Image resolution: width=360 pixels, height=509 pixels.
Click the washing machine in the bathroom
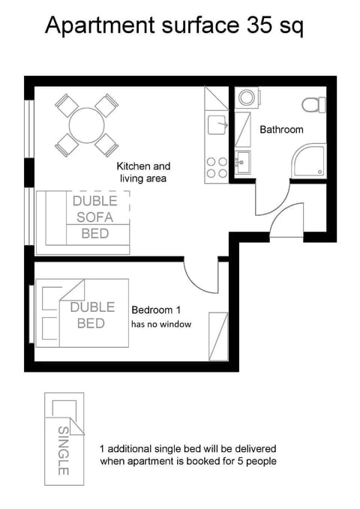pyautogui.click(x=246, y=98)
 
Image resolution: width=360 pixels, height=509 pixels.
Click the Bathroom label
pyautogui.click(x=281, y=130)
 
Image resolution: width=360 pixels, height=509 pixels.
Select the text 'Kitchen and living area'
pyautogui.click(x=143, y=172)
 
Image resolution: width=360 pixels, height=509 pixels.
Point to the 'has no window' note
pyautogui.click(x=161, y=325)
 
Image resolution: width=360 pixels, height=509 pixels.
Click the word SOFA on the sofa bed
pyautogui.click(x=94, y=217)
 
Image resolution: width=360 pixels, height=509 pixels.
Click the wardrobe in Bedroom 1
pyautogui.click(x=218, y=336)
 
